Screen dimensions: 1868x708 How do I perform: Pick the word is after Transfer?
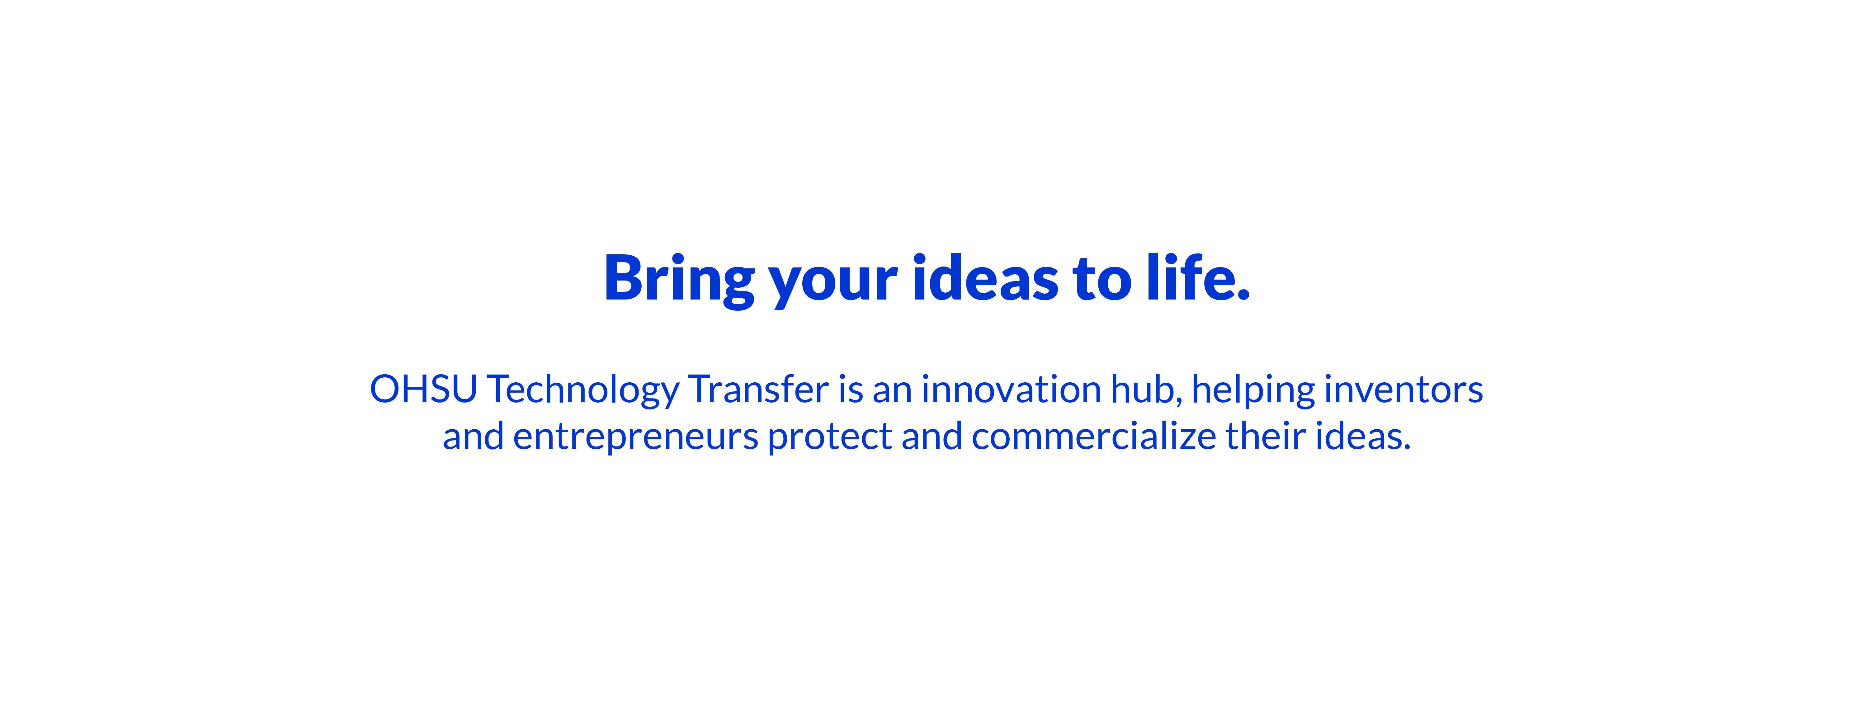pos(851,389)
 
